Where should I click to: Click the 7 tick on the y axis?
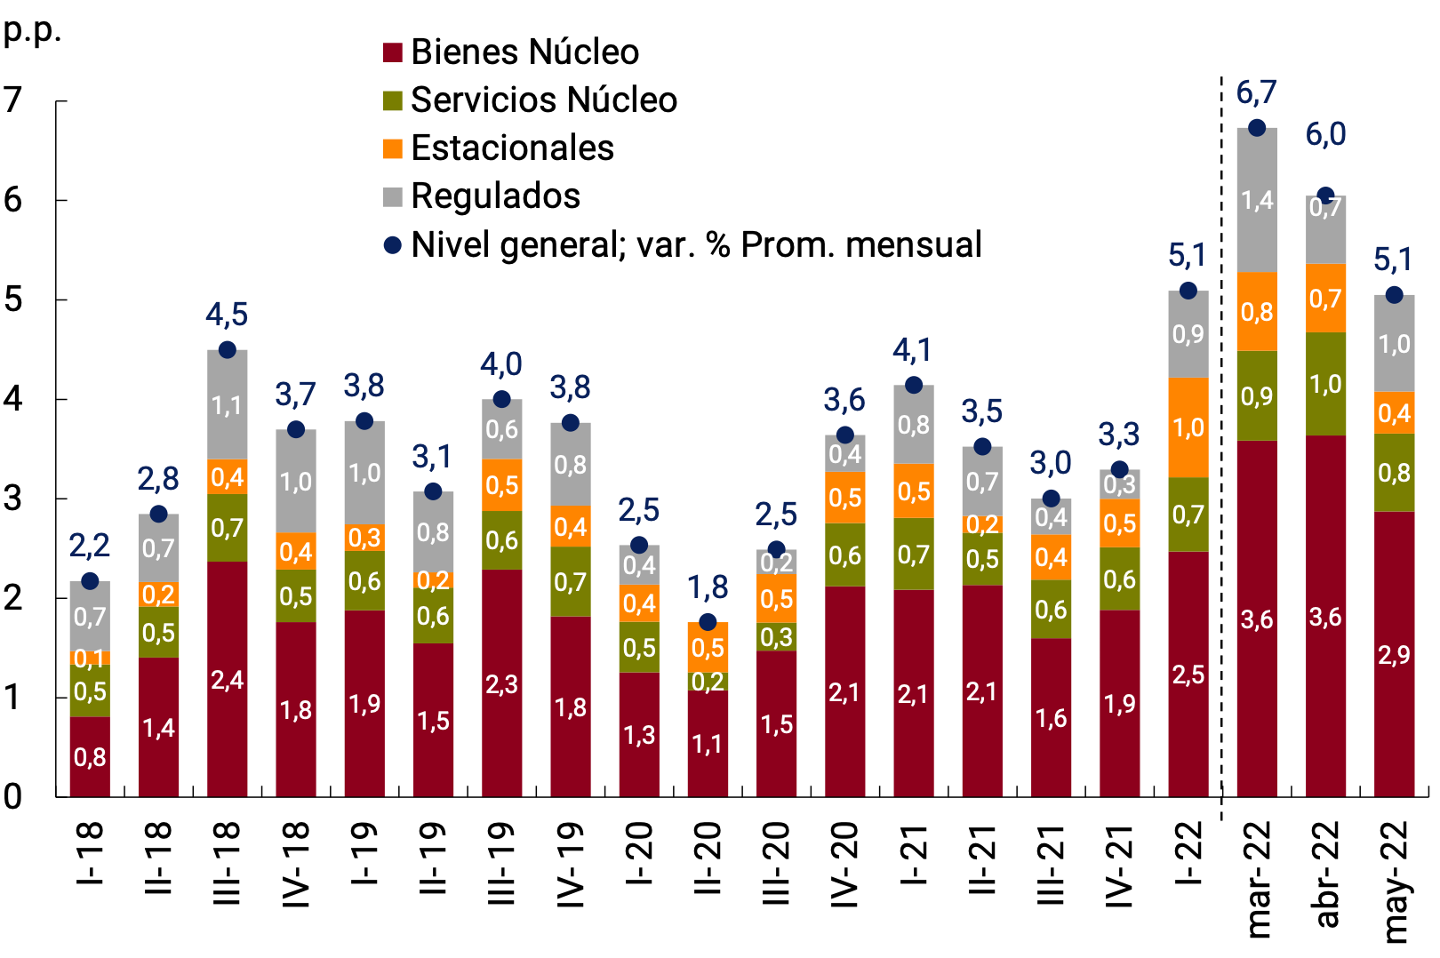(12, 100)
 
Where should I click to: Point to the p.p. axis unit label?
(32, 30)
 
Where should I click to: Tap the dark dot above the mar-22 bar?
(1257, 128)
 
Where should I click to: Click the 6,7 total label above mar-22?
(1257, 92)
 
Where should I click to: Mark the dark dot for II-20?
(708, 622)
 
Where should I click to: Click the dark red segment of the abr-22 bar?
(1325, 615)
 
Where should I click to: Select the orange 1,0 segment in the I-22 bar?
(1188, 427)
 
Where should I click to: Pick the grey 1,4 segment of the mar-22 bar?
(1257, 200)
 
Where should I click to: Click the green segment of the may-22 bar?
(1394, 472)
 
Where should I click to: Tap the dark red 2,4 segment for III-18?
(228, 679)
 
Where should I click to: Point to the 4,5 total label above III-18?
(228, 315)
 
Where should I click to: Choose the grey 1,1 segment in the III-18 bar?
(228, 405)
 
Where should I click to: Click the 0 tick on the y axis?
(12, 796)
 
